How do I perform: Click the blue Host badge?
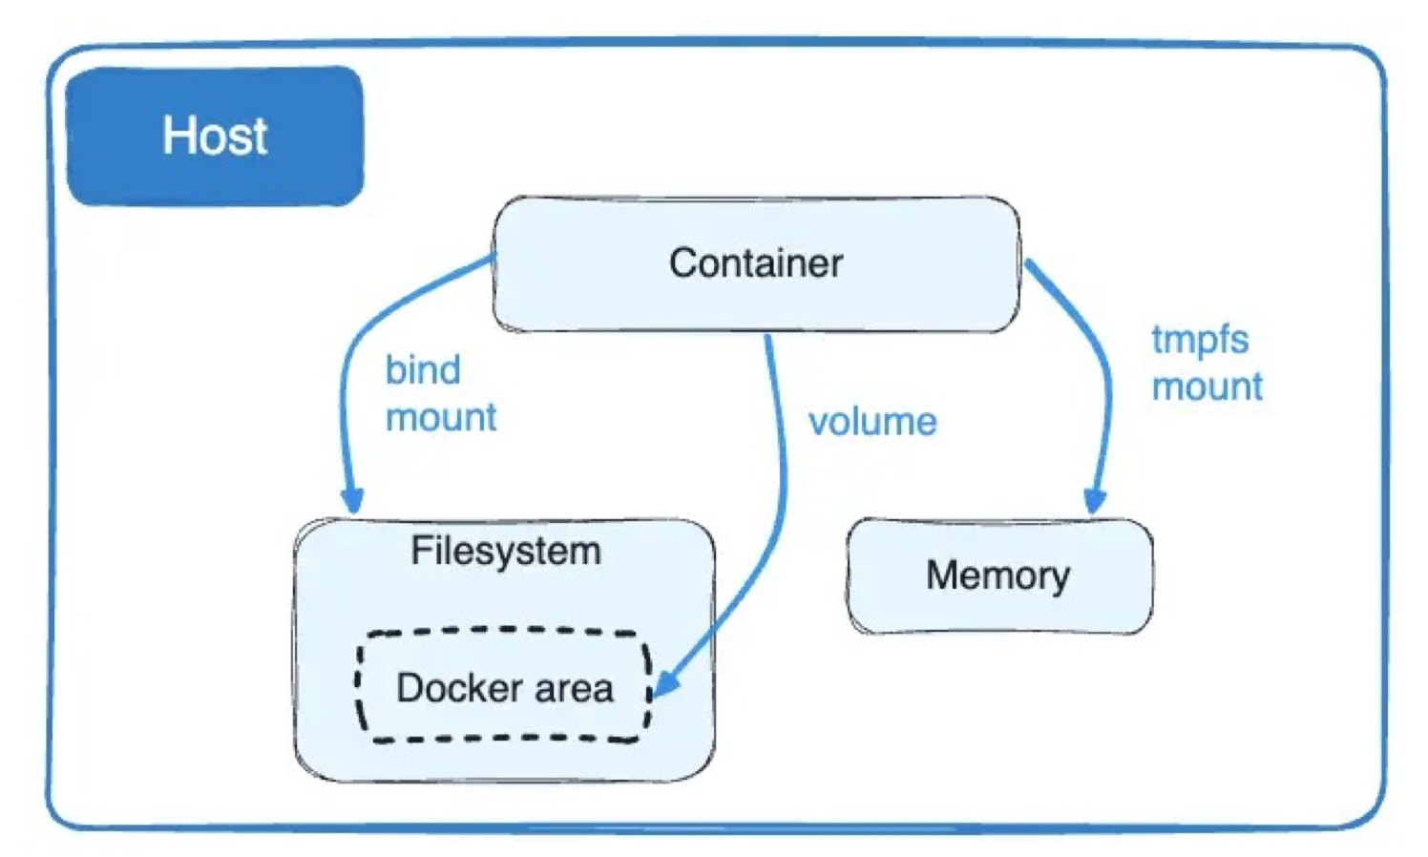pyautogui.click(x=215, y=136)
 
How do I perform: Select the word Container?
pyautogui.click(x=755, y=263)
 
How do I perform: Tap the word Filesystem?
pyautogui.click(x=505, y=552)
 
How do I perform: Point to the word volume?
pyautogui.click(x=872, y=422)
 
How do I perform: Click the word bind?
pyautogui.click(x=423, y=370)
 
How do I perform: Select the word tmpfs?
pyautogui.click(x=1200, y=340)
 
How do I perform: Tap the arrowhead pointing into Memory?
pyautogui.click(x=1095, y=501)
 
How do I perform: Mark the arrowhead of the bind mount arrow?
pyautogui.click(x=352, y=500)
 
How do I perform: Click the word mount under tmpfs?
pyautogui.click(x=1207, y=387)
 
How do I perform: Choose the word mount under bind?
pyautogui.click(x=441, y=417)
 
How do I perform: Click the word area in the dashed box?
pyautogui.click(x=574, y=688)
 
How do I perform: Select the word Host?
pyautogui.click(x=215, y=136)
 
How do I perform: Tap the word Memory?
pyautogui.click(x=998, y=575)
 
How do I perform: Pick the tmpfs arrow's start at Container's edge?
pyautogui.click(x=1028, y=262)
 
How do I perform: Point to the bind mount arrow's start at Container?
pyautogui.click(x=492, y=257)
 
